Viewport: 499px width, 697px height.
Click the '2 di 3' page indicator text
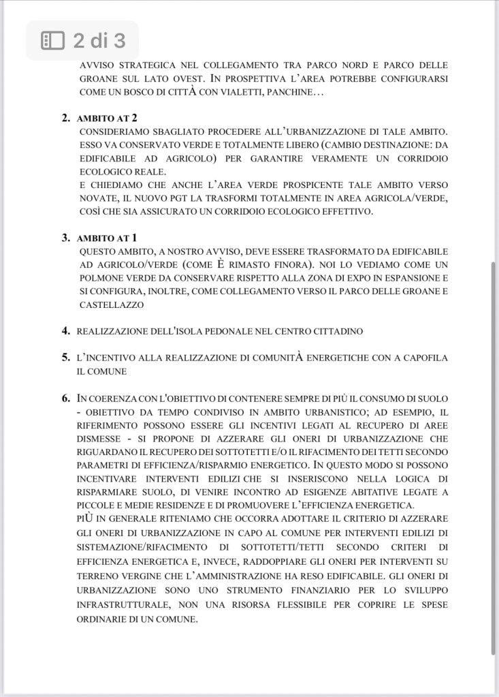pyautogui.click(x=99, y=41)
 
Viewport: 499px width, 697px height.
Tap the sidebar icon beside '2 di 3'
pyautogui.click(x=53, y=41)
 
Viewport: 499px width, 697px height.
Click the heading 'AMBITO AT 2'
pyautogui.click(x=108, y=118)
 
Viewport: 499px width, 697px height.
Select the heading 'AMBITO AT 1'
pyautogui.click(x=108, y=238)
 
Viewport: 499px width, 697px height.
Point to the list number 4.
pyautogui.click(x=66, y=331)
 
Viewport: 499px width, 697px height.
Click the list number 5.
pyautogui.click(x=66, y=357)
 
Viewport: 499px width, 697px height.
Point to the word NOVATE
pyautogui.click(x=96, y=198)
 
